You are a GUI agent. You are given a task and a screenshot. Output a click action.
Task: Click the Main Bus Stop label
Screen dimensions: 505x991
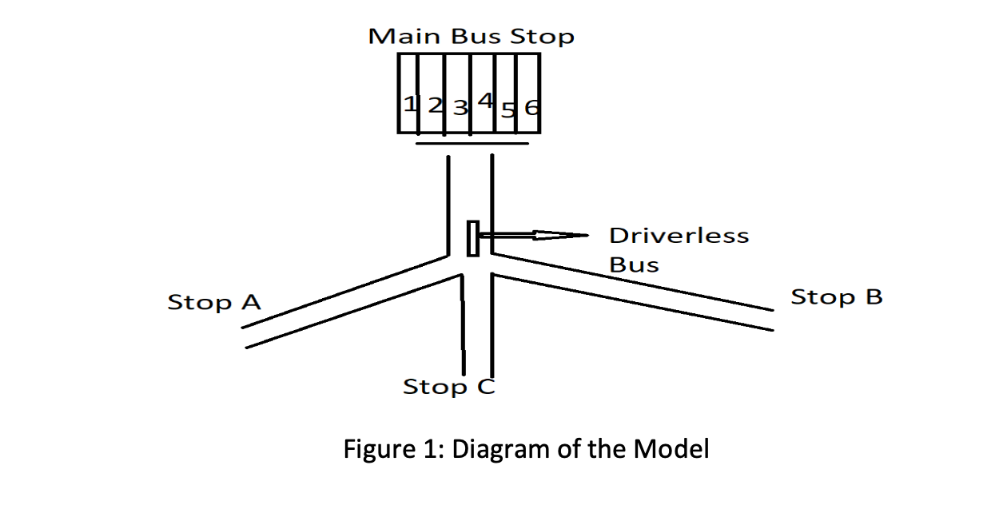click(x=471, y=37)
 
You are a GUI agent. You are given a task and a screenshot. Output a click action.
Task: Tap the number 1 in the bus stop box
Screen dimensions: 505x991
click(x=409, y=105)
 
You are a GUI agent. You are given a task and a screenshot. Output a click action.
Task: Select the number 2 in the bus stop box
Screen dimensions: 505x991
click(x=435, y=105)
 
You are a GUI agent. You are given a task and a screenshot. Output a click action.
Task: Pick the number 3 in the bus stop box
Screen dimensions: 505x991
click(x=460, y=107)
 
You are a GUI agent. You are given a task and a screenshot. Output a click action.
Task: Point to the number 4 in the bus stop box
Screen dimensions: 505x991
click(x=484, y=101)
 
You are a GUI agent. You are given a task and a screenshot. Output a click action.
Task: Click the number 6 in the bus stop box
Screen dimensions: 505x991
click(x=531, y=107)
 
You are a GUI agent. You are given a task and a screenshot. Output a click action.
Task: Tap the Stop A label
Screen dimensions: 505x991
click(x=214, y=303)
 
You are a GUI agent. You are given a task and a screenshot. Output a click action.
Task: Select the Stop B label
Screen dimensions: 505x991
click(x=837, y=297)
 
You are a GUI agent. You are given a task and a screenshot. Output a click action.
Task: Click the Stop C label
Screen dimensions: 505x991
click(x=449, y=388)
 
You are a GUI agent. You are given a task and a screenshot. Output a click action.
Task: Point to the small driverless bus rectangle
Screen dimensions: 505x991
click(x=473, y=238)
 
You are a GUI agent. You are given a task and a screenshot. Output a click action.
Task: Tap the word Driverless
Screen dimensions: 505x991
click(x=679, y=236)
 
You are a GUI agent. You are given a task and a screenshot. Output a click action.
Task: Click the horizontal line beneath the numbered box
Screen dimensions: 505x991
click(x=472, y=145)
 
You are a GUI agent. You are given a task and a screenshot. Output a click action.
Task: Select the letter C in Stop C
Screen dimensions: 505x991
click(x=486, y=388)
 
